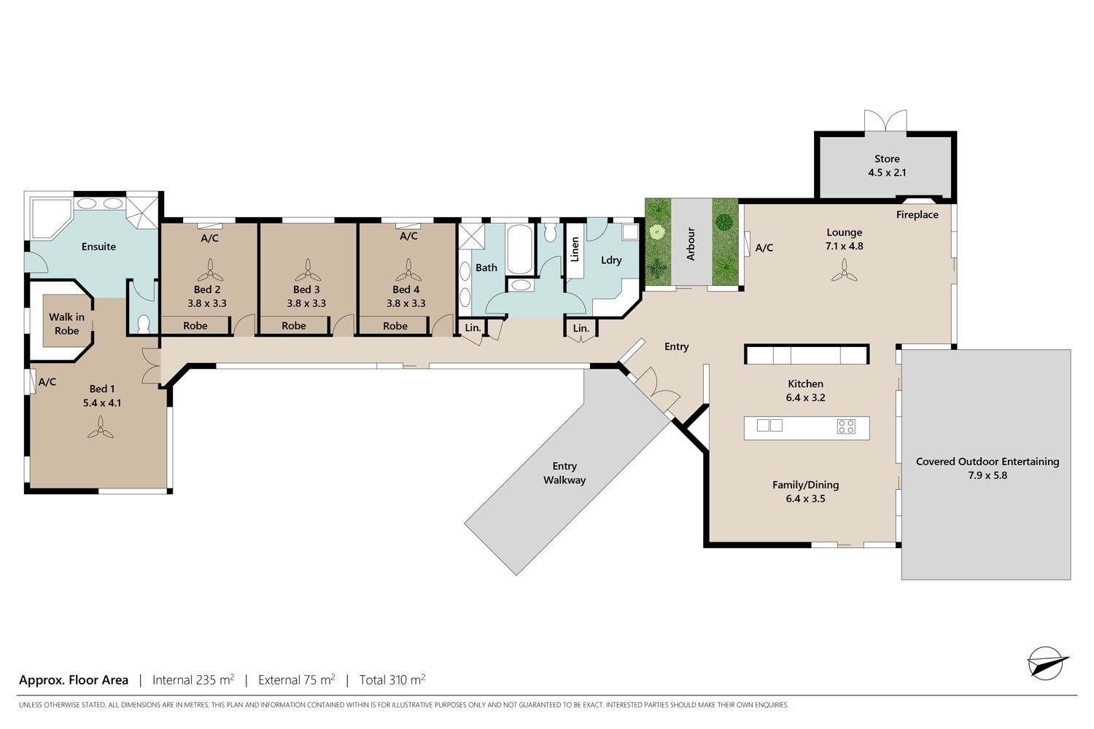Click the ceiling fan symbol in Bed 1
coord(101,427)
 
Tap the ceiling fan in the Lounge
coord(844,270)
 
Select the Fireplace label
coord(918,215)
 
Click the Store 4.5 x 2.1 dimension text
coord(887,172)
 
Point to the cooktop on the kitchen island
coord(846,426)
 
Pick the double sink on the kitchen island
coord(769,425)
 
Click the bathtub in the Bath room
coord(519,249)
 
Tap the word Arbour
coord(691,243)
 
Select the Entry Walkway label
coord(565,473)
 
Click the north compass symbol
coord(1047,663)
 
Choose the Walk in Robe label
coord(67,324)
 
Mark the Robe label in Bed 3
coord(293,326)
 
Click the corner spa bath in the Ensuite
coord(51,218)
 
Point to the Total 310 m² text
coord(392,679)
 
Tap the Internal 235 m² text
coord(193,679)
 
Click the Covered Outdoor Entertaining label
coord(988,461)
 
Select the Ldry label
coord(611,260)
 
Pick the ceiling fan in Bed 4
coord(408,270)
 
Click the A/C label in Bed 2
coord(209,238)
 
